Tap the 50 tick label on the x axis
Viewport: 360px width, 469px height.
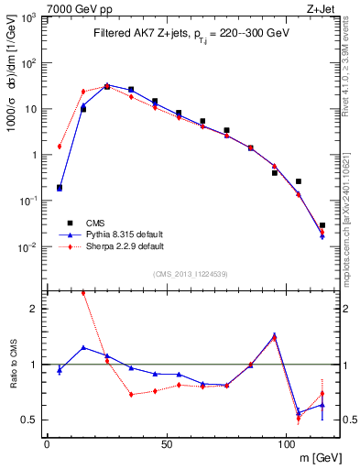tap(166, 444)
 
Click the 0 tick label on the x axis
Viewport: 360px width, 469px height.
tap(47, 444)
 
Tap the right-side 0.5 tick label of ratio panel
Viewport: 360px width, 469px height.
tap(340, 420)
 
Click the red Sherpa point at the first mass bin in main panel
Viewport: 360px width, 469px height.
tap(59, 146)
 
